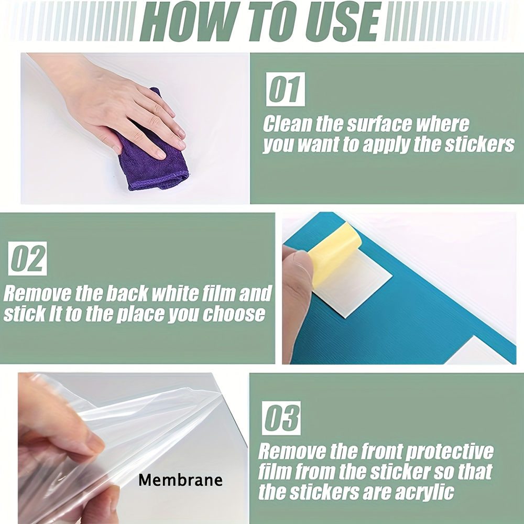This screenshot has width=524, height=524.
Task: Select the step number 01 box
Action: pyautogui.click(x=286, y=89)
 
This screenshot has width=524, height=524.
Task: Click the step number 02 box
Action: pyautogui.click(x=27, y=258)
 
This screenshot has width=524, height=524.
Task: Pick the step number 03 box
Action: pyautogui.click(x=281, y=418)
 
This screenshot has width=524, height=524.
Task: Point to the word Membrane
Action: pyautogui.click(x=180, y=480)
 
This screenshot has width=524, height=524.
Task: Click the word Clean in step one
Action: pyautogui.click(x=287, y=124)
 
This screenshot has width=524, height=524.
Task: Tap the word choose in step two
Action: pyautogui.click(x=234, y=314)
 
